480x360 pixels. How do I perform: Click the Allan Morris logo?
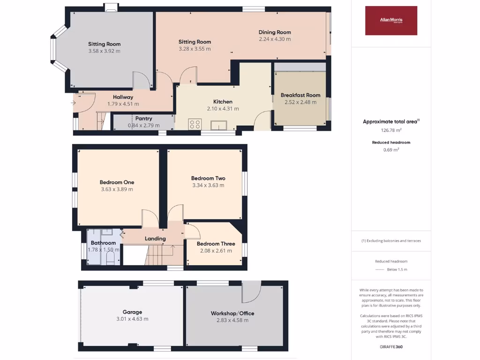click(x=391, y=20)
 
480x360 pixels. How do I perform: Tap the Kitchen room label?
click(x=223, y=102)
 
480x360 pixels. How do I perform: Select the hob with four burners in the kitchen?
click(x=195, y=124)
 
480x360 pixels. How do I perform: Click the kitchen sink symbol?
click(x=219, y=125)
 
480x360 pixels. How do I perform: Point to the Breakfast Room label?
click(x=300, y=95)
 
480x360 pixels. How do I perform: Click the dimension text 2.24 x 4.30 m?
click(x=275, y=39)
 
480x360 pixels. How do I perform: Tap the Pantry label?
click(x=144, y=119)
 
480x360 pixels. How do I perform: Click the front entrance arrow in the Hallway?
click(x=74, y=103)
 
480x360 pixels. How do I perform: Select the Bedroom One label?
click(x=117, y=182)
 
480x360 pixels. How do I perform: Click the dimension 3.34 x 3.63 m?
click(x=208, y=185)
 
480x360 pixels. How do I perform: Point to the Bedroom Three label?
click(x=216, y=244)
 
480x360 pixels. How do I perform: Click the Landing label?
click(x=155, y=239)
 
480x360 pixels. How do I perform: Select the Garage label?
click(x=132, y=312)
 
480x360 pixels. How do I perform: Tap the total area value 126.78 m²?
click(x=391, y=130)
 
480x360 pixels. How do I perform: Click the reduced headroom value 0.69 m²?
click(x=391, y=150)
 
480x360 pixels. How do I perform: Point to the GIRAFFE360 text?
click(x=391, y=347)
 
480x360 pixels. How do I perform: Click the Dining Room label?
click(x=275, y=32)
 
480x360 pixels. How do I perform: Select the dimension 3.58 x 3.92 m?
click(x=104, y=51)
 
